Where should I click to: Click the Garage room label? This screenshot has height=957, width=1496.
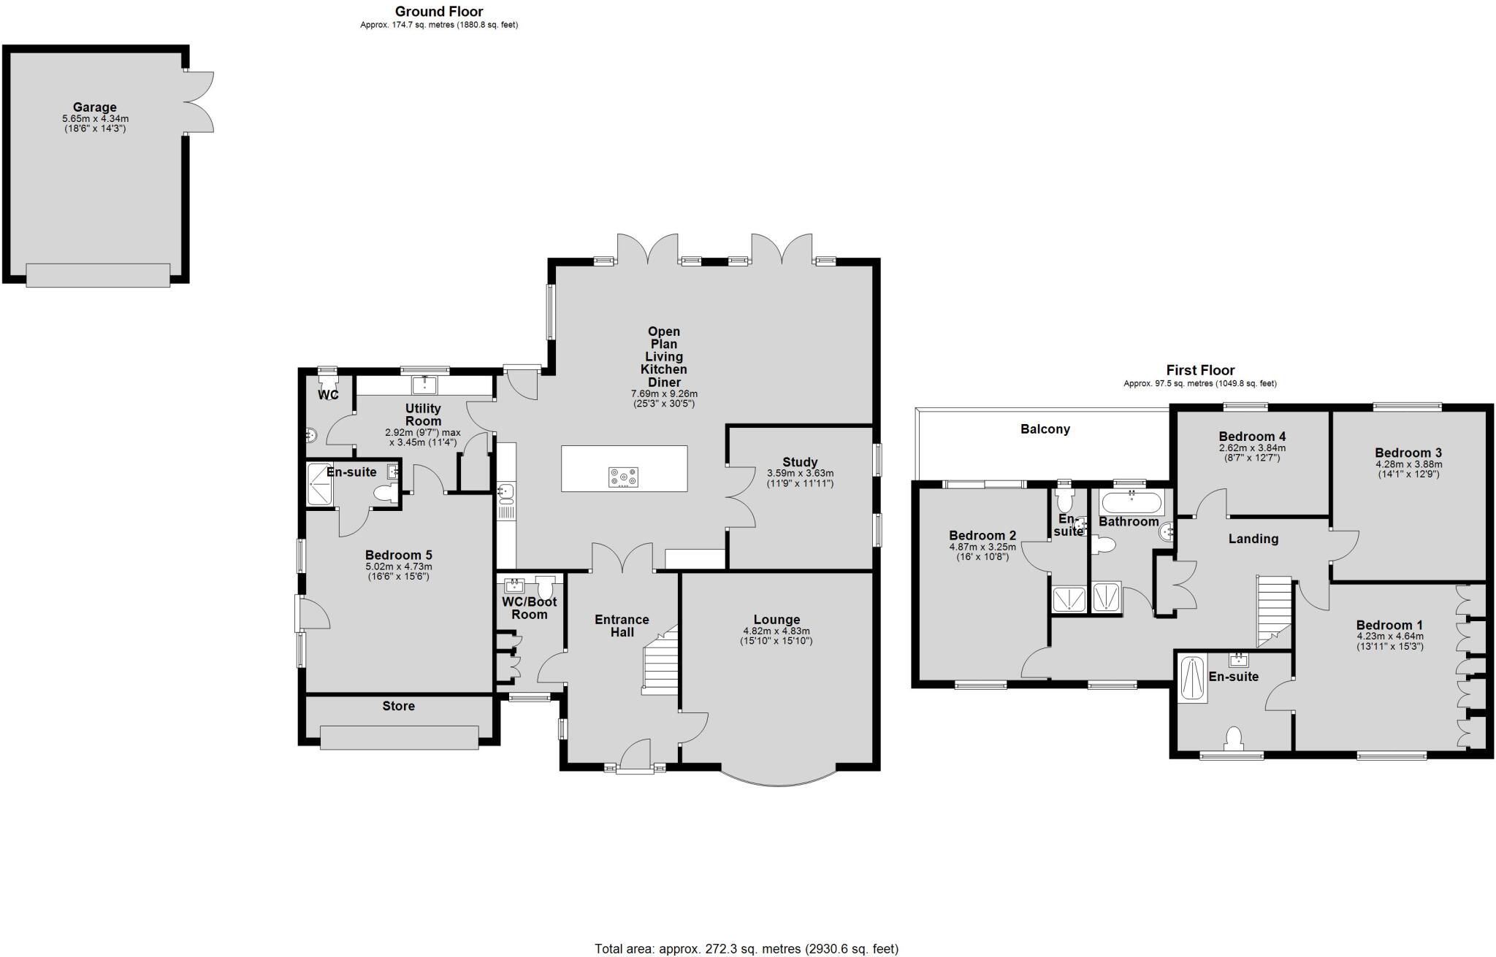(x=94, y=107)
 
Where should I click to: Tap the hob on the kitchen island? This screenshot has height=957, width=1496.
(x=623, y=477)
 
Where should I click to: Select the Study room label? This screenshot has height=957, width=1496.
(x=800, y=462)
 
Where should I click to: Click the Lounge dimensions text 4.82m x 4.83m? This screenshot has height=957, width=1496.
(x=776, y=631)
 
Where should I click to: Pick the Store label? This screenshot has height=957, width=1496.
(x=398, y=706)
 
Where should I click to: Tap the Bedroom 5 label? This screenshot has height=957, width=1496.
(x=398, y=555)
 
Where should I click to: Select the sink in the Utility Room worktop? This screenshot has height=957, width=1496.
(x=424, y=385)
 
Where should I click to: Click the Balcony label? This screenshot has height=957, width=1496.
(x=1045, y=429)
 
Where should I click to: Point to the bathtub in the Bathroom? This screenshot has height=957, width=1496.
(x=1131, y=503)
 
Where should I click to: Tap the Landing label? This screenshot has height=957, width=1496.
(x=1253, y=539)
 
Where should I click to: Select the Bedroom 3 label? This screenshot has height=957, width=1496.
(x=1408, y=453)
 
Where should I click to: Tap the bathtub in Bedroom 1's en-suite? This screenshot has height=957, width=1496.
(x=1194, y=680)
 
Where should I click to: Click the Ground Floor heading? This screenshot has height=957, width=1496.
(x=438, y=11)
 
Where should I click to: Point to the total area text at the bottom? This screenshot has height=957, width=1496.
(x=747, y=948)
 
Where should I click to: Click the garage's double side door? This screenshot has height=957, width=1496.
(x=199, y=102)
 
